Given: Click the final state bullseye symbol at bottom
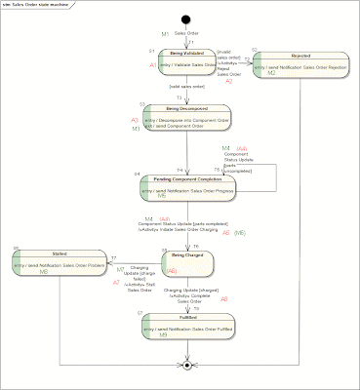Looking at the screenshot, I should (x=187, y=366).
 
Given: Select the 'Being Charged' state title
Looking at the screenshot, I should (x=188, y=253).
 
